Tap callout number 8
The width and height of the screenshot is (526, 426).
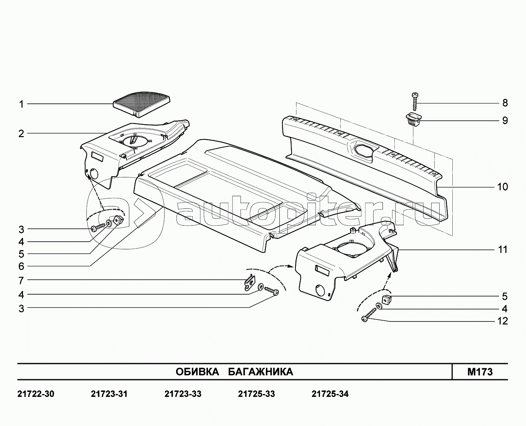coord(505,103)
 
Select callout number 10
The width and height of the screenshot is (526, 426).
coord(503,187)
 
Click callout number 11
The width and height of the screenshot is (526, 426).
coord(503,249)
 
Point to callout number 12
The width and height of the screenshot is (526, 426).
coord(503,321)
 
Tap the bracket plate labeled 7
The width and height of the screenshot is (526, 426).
coord(250,282)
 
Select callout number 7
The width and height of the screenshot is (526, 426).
coord(21,280)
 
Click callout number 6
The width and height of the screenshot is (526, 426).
coord(21,266)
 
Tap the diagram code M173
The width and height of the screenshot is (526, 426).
coord(480,372)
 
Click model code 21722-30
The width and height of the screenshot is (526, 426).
coord(36,394)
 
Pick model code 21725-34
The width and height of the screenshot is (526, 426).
coord(330,394)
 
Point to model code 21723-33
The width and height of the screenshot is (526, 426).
coord(183,394)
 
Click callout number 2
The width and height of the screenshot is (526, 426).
coord(21,134)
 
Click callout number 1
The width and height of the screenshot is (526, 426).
coord(21,104)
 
